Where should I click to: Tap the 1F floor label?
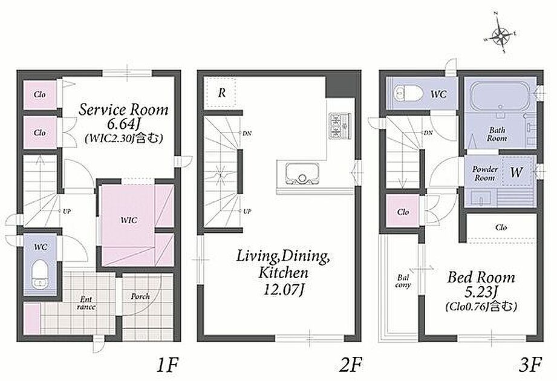click(167, 365)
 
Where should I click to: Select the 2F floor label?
click(350, 365)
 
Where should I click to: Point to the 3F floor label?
click(530, 365)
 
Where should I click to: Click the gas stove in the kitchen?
click(340, 125)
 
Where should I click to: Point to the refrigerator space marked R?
click(222, 93)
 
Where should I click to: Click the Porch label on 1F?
click(140, 296)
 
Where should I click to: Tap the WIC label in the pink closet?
click(128, 221)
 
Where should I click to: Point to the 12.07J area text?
click(284, 290)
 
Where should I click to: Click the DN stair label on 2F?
click(247, 134)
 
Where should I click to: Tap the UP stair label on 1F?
click(67, 211)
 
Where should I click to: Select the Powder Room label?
click(485, 174)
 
